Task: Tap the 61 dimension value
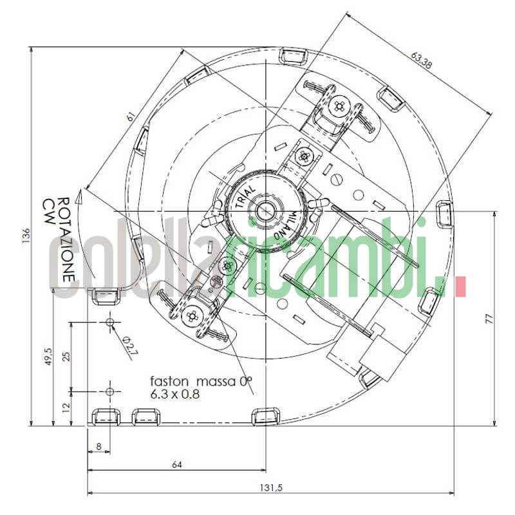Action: pyautogui.click(x=130, y=117)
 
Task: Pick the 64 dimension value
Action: pyautogui.click(x=176, y=463)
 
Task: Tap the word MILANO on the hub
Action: pyautogui.click(x=288, y=225)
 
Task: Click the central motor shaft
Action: pyautogui.click(x=264, y=211)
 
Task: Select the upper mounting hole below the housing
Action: pyautogui.click(x=110, y=321)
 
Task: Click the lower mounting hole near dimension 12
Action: pyautogui.click(x=110, y=391)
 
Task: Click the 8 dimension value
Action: pyautogui.click(x=98, y=445)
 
